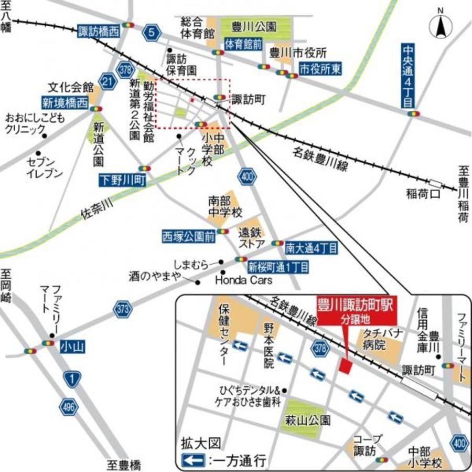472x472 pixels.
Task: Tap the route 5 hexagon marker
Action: (152, 33)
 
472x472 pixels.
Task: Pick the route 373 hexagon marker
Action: (123, 310)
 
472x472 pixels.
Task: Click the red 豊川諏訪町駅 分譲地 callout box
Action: (356, 310)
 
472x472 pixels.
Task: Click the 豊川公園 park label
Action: (255, 27)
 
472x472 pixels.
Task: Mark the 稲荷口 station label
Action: (421, 194)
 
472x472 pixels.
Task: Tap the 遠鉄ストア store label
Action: (251, 238)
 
